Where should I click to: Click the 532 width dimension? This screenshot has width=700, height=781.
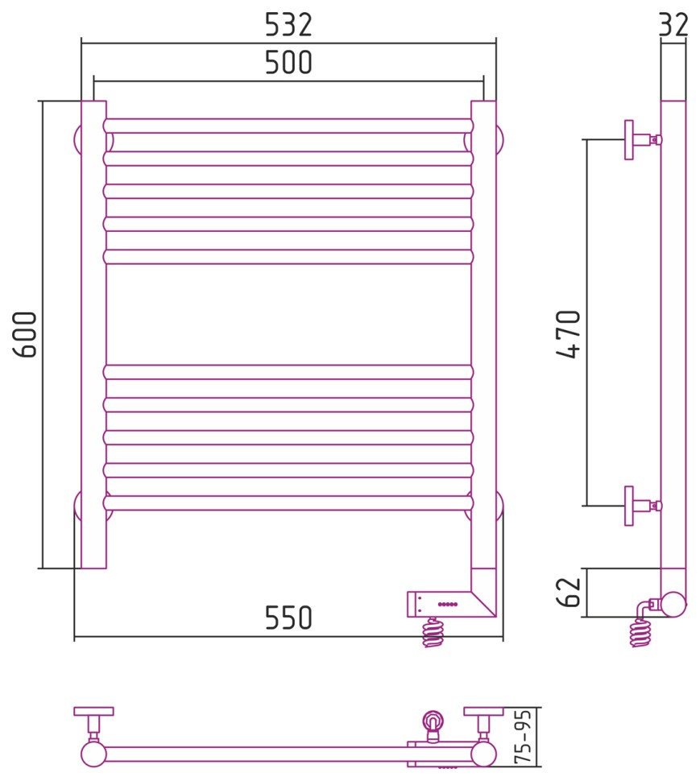pos(288,25)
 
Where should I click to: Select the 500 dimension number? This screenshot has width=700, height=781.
pos(288,62)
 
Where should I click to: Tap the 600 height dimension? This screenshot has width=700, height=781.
pos(25,334)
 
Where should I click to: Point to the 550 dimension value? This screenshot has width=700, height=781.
pos(288,618)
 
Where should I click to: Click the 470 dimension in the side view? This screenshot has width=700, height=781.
pos(569,334)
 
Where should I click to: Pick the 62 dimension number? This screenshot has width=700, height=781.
pos(569,593)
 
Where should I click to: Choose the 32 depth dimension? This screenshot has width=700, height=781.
pos(673,25)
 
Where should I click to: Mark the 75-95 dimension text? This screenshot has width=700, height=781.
pos(524,738)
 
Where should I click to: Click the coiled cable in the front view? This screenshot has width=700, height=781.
pos(433,632)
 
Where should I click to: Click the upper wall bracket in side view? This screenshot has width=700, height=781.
pos(643,140)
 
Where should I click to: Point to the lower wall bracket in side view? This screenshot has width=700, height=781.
pos(643,506)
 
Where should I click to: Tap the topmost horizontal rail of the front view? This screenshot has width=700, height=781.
pos(288,126)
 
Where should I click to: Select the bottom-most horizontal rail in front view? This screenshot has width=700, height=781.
pos(288,502)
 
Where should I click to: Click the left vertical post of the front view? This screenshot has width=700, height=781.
pos(93,334)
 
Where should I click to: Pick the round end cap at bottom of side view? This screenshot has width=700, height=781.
pos(673,604)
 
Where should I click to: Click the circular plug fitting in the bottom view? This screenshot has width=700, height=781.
pos(433,721)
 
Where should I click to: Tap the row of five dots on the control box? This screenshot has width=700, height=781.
pos(447,604)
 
